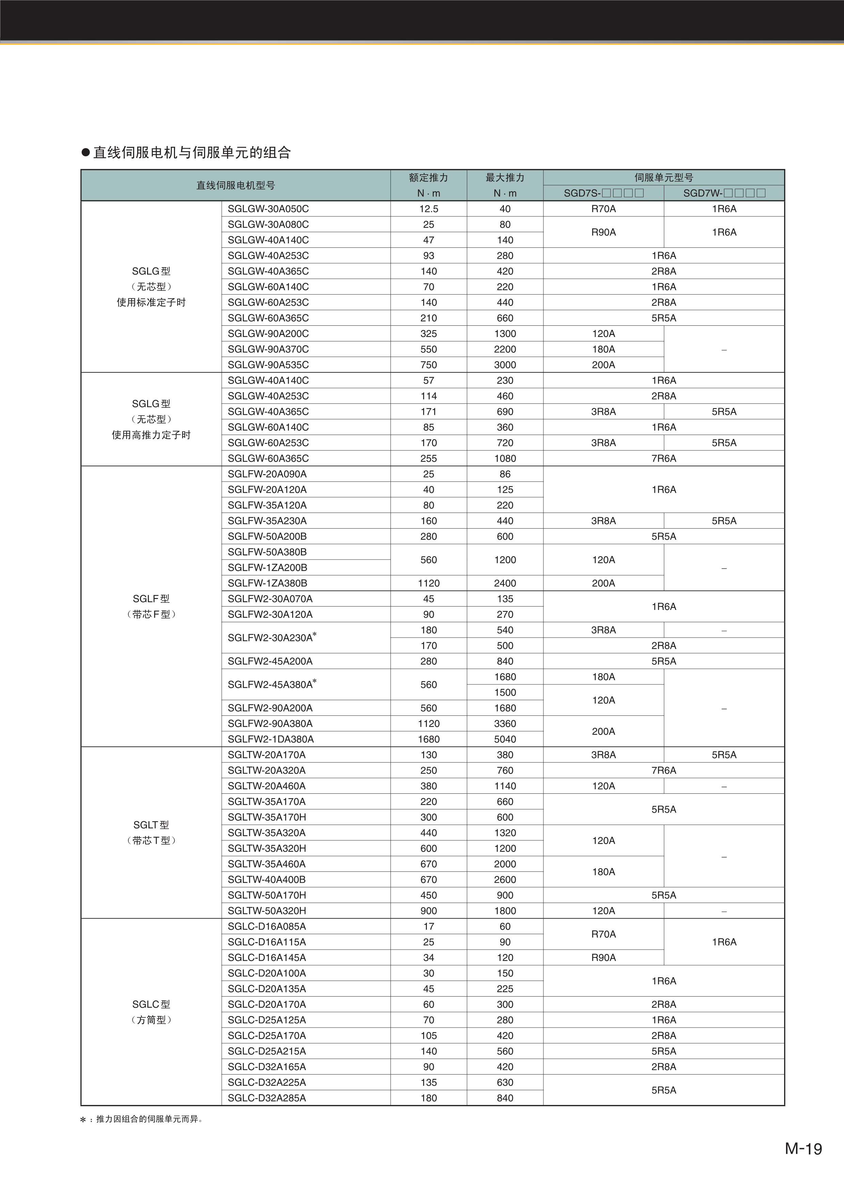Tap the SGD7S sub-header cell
603,193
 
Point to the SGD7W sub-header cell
724,193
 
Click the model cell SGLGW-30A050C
268,209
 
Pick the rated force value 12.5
429,209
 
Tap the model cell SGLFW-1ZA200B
267,568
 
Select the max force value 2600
505,880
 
